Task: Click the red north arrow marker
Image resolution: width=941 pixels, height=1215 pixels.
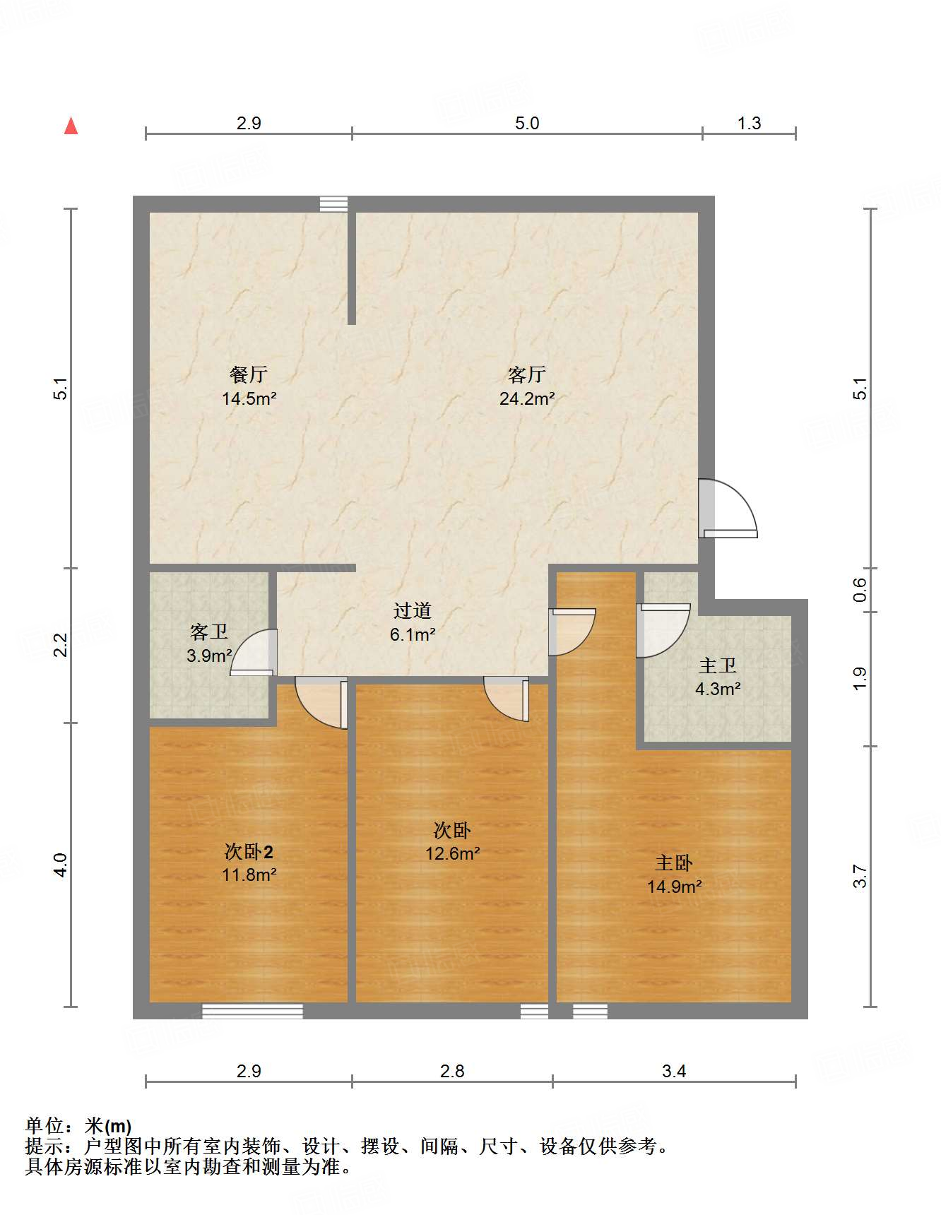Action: pyautogui.click(x=71, y=126)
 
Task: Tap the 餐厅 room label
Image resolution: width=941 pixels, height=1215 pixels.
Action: pyautogui.click(x=249, y=374)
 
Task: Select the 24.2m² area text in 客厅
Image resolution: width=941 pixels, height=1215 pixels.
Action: pyautogui.click(x=527, y=399)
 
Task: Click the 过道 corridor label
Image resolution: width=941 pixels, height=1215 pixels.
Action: pyautogui.click(x=413, y=610)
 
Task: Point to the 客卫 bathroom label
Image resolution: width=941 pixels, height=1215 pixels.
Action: pyautogui.click(x=209, y=632)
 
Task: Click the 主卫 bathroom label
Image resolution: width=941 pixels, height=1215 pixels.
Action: pyautogui.click(x=718, y=665)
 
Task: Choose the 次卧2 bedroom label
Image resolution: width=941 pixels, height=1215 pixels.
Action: pyautogui.click(x=249, y=852)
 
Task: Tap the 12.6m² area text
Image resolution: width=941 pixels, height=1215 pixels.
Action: pyautogui.click(x=453, y=854)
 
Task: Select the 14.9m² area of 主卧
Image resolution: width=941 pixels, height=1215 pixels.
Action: pyautogui.click(x=675, y=887)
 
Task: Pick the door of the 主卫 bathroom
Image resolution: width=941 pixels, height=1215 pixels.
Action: pyautogui.click(x=661, y=629)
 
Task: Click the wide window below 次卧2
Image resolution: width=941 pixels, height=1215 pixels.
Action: pyautogui.click(x=252, y=1012)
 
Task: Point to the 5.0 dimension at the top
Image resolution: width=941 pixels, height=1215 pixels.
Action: pyautogui.click(x=527, y=124)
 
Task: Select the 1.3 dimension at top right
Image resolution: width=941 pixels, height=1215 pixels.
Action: pyautogui.click(x=749, y=124)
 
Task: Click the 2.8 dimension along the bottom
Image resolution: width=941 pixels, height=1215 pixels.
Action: pyautogui.click(x=452, y=1072)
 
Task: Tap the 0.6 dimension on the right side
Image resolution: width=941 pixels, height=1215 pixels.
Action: pyautogui.click(x=860, y=590)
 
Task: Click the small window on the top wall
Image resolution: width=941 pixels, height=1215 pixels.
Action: pyautogui.click(x=333, y=204)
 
